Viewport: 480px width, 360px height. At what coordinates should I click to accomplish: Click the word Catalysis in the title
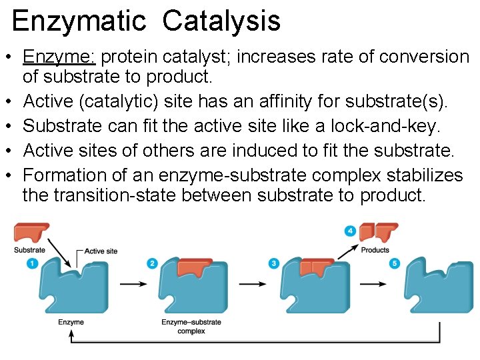point(221,21)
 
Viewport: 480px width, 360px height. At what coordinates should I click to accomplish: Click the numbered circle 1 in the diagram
point(32,263)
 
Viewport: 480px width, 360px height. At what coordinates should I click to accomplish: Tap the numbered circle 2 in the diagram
point(152,264)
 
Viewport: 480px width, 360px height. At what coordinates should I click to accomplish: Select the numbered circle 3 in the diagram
point(274,264)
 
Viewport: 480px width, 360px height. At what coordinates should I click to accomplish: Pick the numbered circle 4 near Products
point(350,231)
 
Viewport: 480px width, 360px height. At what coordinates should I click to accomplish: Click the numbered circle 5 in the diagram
point(395,264)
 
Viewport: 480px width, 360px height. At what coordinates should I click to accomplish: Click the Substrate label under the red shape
point(30,250)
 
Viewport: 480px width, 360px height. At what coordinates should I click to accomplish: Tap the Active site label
point(101,251)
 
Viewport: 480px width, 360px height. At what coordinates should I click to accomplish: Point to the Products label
point(375,250)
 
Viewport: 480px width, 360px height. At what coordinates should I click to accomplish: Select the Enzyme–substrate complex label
point(191,327)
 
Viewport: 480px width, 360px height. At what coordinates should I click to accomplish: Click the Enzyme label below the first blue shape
point(71,323)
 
